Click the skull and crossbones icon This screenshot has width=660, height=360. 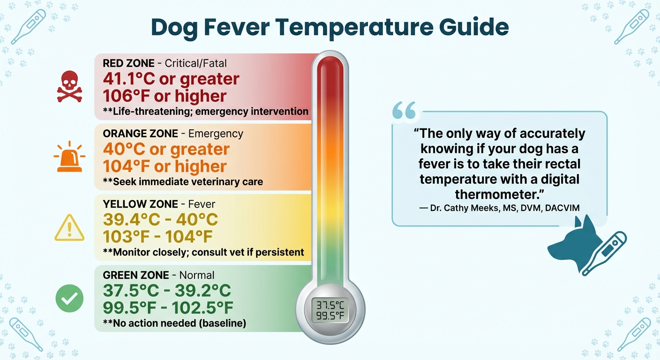click(x=69, y=86)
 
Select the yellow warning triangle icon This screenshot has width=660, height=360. click(x=69, y=228)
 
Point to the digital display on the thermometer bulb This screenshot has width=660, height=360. click(x=330, y=310)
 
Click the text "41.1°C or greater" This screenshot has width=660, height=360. click(x=171, y=78)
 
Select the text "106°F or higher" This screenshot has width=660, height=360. click(x=165, y=96)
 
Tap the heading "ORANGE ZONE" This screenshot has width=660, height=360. click(x=140, y=134)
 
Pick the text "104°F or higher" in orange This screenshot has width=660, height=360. click(x=165, y=166)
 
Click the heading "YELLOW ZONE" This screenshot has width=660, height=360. click(x=140, y=204)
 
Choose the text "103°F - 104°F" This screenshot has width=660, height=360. click(x=157, y=236)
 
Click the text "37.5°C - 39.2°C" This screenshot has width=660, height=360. click(x=166, y=291)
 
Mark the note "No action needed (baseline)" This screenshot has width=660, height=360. click(x=174, y=323)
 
